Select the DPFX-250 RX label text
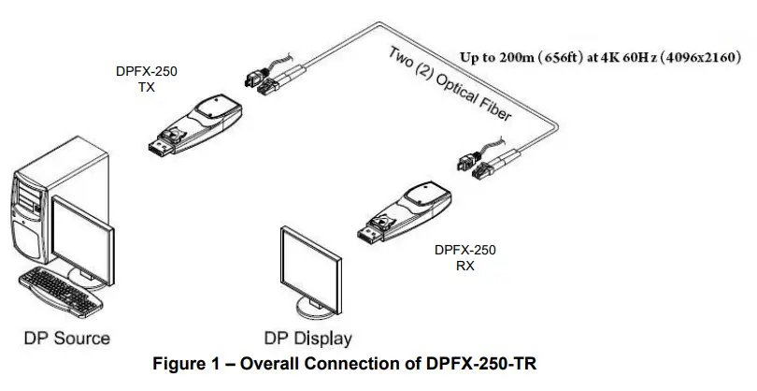(464, 257)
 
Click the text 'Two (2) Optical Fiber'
(449, 85)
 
